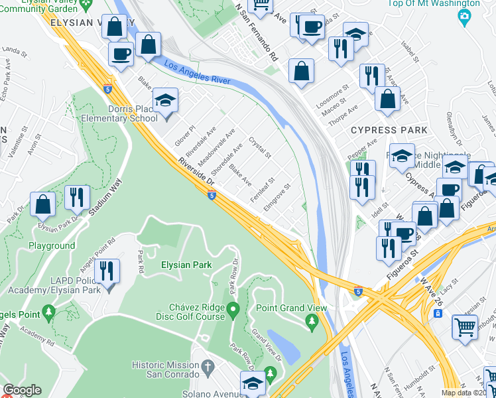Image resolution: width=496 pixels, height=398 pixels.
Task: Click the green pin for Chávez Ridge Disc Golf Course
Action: [233, 309]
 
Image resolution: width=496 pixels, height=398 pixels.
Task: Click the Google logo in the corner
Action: [22, 389]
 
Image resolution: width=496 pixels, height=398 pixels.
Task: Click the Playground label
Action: [52, 245]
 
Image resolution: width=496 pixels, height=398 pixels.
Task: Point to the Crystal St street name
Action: [260, 147]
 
